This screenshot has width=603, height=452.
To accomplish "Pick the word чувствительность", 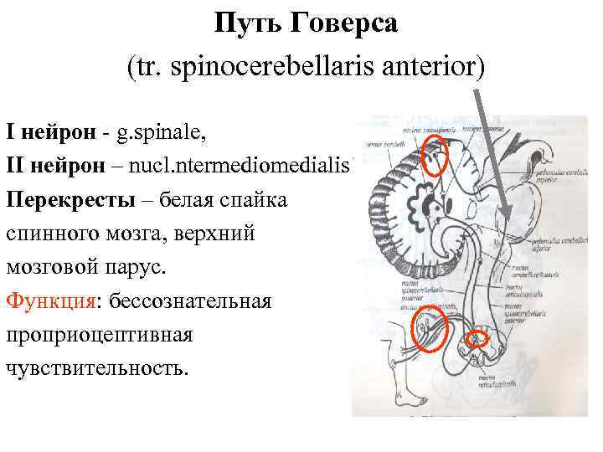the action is [x=96, y=367].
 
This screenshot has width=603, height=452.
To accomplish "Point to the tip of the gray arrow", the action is [x=508, y=208].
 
